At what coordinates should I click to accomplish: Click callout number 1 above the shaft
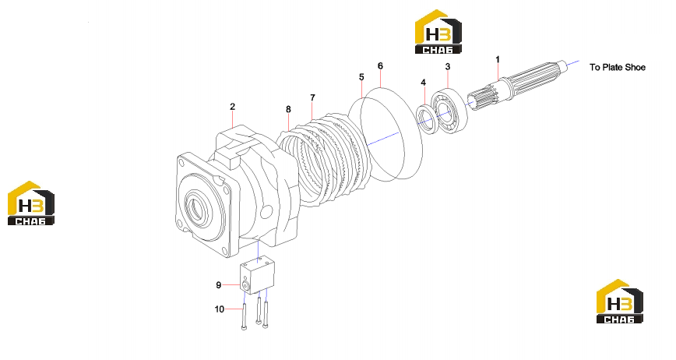pos(498,59)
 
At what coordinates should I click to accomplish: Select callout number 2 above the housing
pos(232,107)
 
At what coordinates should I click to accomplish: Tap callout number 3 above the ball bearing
pos(448,66)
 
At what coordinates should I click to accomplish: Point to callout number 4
pos(423,83)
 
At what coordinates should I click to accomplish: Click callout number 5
pos(361,76)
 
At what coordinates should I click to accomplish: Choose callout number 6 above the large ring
pos(380,66)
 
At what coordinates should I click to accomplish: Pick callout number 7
pos(312,98)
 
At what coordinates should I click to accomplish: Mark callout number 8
pos(288,110)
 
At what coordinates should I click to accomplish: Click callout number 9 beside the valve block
pos(219,285)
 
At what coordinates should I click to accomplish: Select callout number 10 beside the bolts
pos(220,309)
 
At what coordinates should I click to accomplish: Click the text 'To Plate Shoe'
pos(618,67)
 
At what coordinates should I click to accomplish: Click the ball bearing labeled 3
pos(449,111)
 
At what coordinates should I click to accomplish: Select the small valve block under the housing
pos(257,274)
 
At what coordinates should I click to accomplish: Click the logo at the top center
pos(438,32)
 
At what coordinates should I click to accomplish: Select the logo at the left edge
pos(31,203)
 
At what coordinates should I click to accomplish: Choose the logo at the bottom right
pos(619,302)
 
